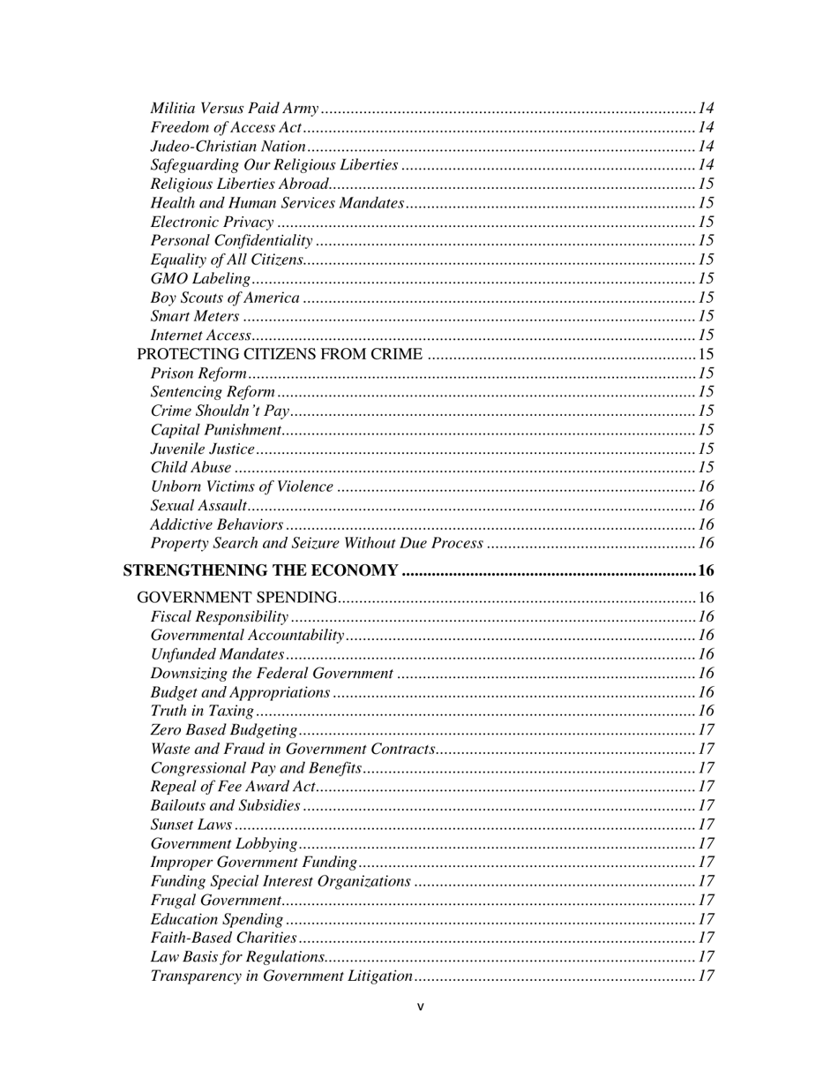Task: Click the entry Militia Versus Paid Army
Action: point(234,109)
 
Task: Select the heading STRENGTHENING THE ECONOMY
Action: point(260,570)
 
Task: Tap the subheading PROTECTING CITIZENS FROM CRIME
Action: point(279,354)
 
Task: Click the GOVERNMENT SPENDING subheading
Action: point(237,598)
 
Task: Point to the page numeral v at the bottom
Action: point(420,1006)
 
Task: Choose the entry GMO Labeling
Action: point(200,279)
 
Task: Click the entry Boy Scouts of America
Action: point(224,298)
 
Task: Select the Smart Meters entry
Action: point(194,316)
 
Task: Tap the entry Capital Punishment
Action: point(215,430)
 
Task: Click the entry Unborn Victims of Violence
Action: point(242,486)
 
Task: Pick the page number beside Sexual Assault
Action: point(706,506)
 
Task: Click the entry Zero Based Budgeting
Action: point(223,730)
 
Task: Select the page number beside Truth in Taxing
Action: point(706,711)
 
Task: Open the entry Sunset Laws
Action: point(191,825)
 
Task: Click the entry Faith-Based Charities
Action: point(223,938)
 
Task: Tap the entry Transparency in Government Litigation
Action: point(281,976)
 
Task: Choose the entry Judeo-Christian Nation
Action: point(228,147)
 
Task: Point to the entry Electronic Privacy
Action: point(212,222)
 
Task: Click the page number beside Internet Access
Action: point(706,336)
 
